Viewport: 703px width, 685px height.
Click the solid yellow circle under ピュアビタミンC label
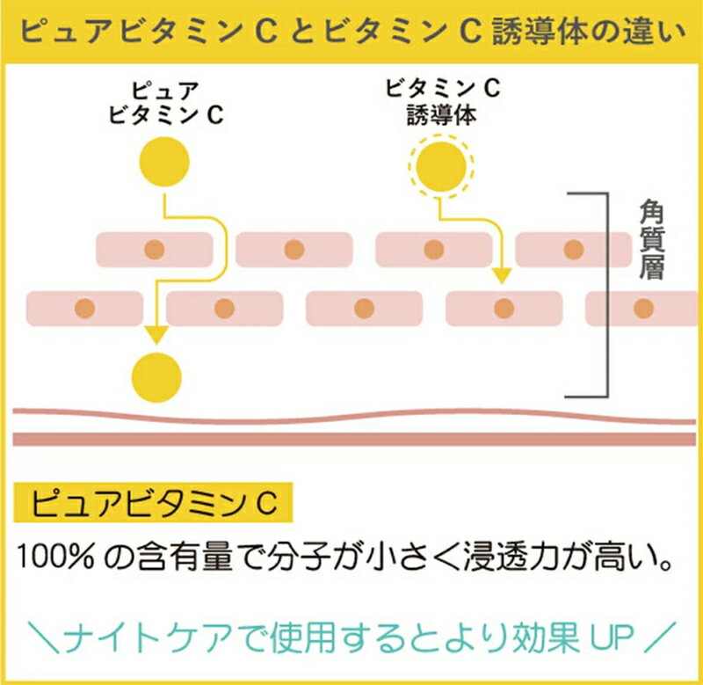tap(164, 162)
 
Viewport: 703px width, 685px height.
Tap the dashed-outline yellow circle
tap(441, 166)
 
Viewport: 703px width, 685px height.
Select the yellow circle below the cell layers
tap(156, 377)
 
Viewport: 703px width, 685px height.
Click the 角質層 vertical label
tap(651, 240)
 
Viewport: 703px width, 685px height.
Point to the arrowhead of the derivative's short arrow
tap(502, 275)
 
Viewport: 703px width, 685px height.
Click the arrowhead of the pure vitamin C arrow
tap(156, 335)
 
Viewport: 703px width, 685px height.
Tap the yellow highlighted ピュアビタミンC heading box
tap(153, 502)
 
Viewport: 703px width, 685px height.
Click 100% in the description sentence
tap(55, 557)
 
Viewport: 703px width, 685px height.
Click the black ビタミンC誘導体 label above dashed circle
tap(443, 102)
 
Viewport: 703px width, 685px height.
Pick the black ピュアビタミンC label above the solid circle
tap(166, 103)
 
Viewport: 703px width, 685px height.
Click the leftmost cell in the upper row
tap(155, 250)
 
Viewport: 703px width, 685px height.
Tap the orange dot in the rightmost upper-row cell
tap(574, 250)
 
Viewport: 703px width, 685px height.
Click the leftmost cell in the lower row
tap(84, 308)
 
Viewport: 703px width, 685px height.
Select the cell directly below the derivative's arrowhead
tap(504, 308)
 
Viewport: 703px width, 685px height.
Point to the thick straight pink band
tap(354, 439)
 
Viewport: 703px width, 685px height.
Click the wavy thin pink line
tap(354, 416)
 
